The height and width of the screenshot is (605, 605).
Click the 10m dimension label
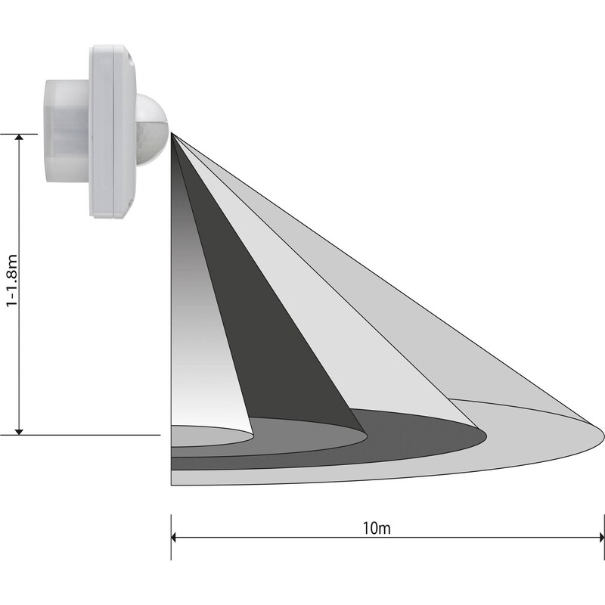coord(377,528)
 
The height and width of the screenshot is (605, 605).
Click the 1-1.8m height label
coord(12,281)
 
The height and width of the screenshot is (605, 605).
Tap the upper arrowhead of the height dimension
coord(19,138)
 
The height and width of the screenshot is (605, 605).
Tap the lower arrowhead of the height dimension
coord(19,431)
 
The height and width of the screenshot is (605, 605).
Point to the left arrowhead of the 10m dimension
coord(174,537)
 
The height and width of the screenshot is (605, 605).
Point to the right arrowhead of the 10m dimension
coord(601,537)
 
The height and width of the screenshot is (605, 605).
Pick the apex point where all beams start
coord(172,134)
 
